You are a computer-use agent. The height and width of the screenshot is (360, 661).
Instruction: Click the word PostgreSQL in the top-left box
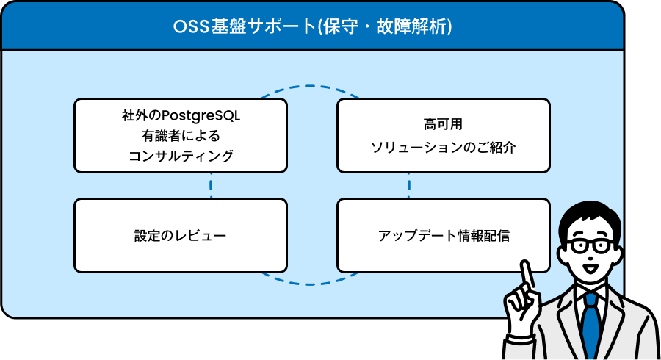coord(201,115)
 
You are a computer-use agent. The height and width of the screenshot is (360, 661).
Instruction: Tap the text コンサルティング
coord(181,156)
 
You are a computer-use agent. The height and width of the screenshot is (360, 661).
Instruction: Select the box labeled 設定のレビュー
coord(181,236)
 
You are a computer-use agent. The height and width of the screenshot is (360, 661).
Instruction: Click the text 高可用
coord(443,124)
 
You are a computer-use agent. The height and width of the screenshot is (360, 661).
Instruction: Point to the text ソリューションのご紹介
coord(443,147)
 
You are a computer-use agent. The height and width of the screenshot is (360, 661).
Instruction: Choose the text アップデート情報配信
coord(444,236)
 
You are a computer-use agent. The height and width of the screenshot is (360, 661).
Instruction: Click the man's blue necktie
coord(591,325)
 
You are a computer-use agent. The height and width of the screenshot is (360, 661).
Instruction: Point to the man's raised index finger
coord(526,275)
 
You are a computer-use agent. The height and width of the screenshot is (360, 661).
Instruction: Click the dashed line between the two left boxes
coord(210,185)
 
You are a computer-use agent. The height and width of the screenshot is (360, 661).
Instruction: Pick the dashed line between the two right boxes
coord(409,185)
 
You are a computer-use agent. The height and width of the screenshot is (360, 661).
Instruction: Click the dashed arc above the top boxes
coord(310,86)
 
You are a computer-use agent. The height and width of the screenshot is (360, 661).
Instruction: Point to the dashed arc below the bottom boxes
coord(310,284)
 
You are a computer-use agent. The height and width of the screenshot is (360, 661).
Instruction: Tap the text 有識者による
coord(181,136)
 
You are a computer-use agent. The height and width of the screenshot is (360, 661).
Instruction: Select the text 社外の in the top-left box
coord(141,115)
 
